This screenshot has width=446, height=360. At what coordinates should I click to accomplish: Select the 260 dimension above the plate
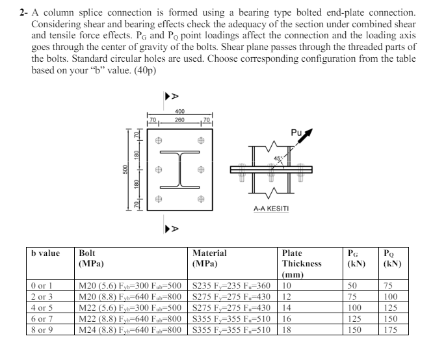tap(179, 120)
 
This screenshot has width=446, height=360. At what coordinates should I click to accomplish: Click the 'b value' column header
tap(46, 253)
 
